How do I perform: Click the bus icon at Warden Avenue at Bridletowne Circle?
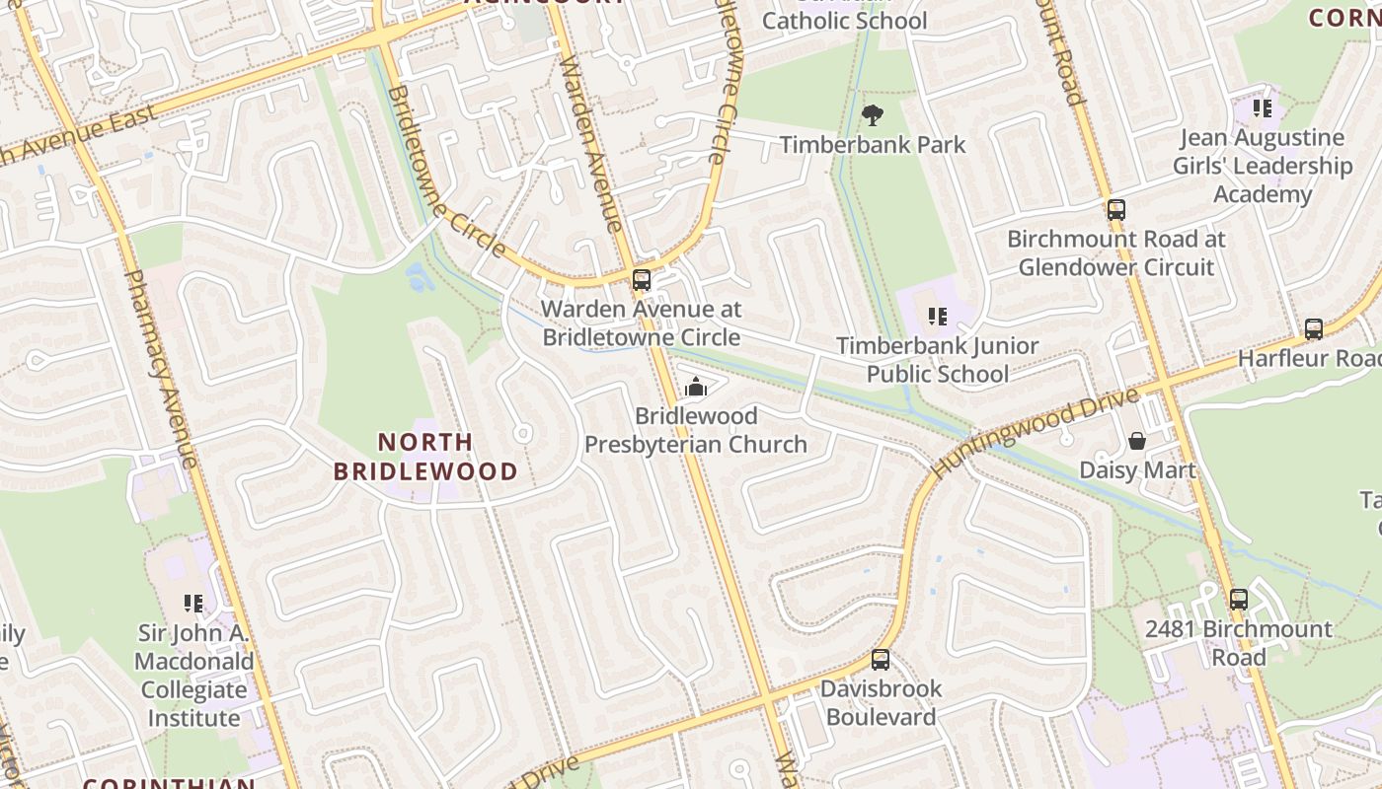[x=642, y=280]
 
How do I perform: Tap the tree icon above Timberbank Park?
[x=872, y=116]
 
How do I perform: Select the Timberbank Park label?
[x=873, y=145]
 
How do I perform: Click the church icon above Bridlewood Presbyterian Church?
[x=696, y=387]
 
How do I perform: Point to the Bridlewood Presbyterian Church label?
[x=696, y=430]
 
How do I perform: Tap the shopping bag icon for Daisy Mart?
[x=1137, y=440]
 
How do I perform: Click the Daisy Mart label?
[x=1137, y=469]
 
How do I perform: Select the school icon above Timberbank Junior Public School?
[x=938, y=317]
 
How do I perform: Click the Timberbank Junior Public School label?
[x=938, y=360]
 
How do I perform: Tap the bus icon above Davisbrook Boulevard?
[x=881, y=659]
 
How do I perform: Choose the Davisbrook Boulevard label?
[x=881, y=702]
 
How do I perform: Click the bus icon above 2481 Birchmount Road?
[x=1239, y=599]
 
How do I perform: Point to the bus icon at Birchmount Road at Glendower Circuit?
[x=1116, y=209]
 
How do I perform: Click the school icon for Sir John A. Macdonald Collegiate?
[x=193, y=603]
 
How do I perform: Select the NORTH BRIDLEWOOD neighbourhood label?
[x=425, y=457]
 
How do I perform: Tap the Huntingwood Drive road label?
[x=1036, y=432]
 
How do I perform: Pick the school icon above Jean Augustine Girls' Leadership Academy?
[x=1263, y=108]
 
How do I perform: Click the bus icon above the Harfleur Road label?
[x=1314, y=328]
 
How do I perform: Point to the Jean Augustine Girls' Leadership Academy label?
[x=1263, y=166]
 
